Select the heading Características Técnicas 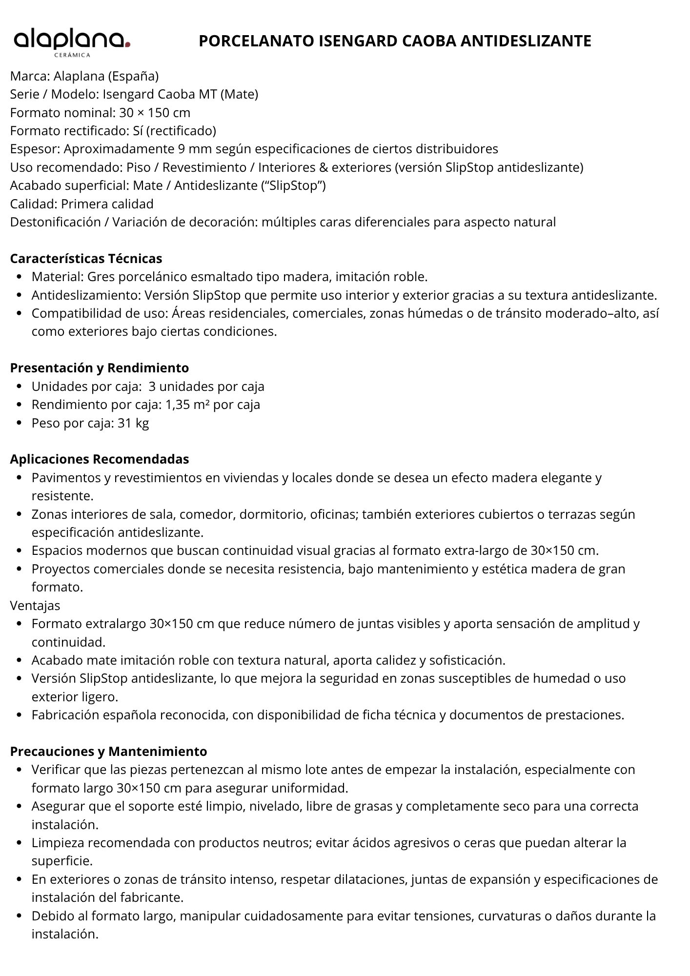(x=86, y=258)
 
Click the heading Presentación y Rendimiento (x=99, y=367)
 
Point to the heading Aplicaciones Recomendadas (x=99, y=459)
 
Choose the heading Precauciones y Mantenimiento (x=108, y=751)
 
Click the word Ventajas (x=35, y=606)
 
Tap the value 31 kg (x=133, y=423)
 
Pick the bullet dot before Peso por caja (x=19, y=424)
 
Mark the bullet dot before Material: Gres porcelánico (x=19, y=277)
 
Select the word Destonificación (x=55, y=222)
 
